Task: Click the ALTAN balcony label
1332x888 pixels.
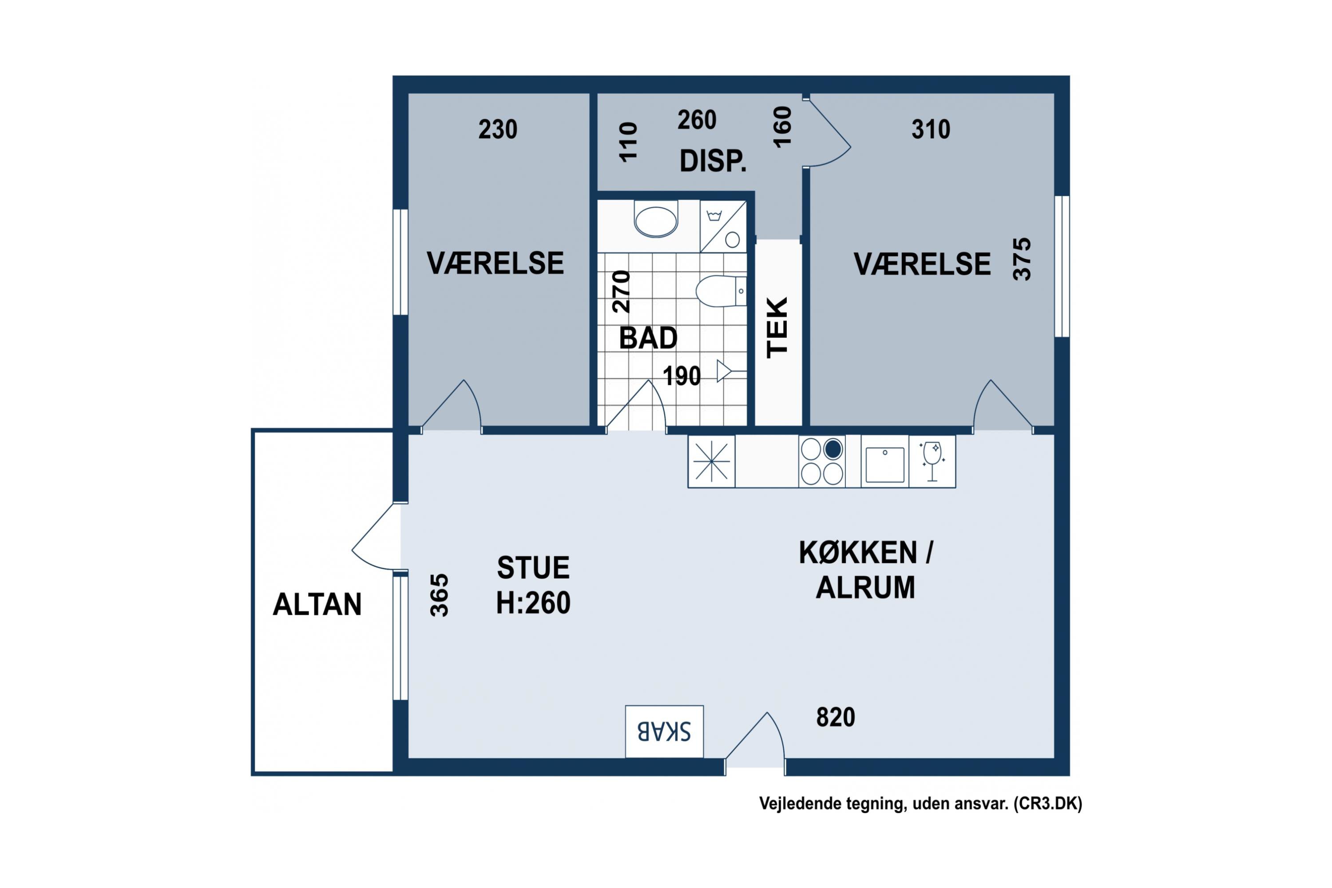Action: [317, 604]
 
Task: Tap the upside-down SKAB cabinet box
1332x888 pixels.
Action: [664, 731]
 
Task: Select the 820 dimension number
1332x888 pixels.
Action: [835, 717]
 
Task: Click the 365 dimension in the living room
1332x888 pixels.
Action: [440, 595]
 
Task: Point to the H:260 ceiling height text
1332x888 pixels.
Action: [533, 603]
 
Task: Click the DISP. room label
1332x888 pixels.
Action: [713, 161]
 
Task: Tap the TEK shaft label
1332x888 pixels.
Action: [777, 327]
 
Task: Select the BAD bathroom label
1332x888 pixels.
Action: [648, 338]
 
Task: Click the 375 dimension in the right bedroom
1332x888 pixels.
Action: [1022, 259]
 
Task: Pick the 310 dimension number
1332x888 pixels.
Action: [931, 129]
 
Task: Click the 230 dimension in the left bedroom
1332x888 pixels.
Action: [498, 129]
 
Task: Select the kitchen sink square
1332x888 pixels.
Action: [884, 465]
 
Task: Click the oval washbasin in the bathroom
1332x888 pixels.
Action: [656, 222]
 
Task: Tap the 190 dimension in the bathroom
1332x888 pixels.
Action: [682, 376]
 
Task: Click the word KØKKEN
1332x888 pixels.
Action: [857, 553]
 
